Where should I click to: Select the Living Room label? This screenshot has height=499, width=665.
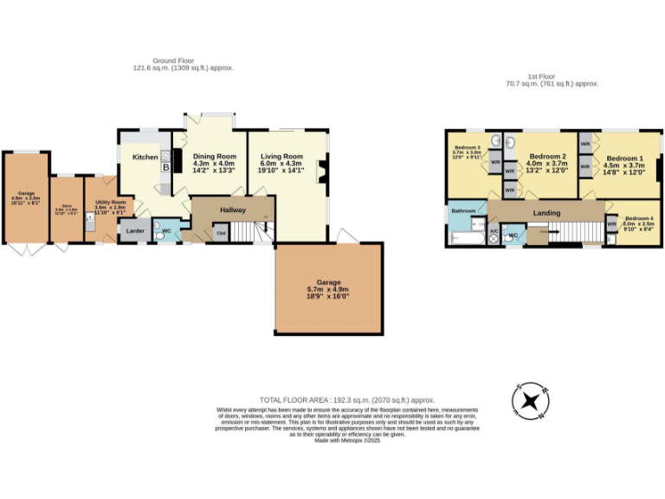282,157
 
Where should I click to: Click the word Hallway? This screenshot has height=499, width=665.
233,211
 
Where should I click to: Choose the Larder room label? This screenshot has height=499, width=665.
135,231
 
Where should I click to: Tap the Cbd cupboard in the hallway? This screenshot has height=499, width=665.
221,233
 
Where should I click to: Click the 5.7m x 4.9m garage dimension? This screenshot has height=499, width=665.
328,290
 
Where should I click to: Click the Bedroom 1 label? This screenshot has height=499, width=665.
624,159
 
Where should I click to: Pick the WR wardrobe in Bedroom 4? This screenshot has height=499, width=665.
611,224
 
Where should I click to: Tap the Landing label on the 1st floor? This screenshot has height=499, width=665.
546,213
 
